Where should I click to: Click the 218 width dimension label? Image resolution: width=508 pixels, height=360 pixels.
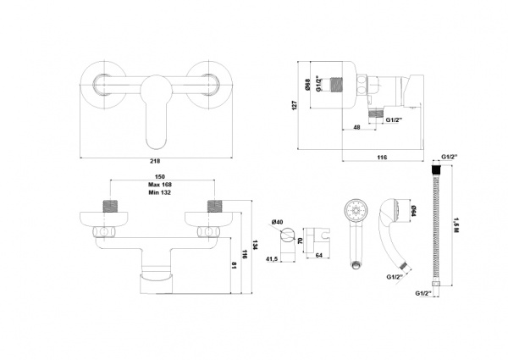tap(156, 161)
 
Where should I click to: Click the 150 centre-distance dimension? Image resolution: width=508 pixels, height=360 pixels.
tap(160, 176)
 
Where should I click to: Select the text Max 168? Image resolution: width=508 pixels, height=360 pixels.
tap(160, 185)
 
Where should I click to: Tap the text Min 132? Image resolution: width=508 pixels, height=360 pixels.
tap(160, 192)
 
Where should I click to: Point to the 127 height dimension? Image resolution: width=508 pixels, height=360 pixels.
tap(294, 105)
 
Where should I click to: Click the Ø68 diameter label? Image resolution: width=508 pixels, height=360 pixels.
tap(308, 85)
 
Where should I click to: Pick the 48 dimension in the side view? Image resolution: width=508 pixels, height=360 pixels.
tap(356, 127)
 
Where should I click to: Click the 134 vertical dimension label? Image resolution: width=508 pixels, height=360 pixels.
tap(255, 245)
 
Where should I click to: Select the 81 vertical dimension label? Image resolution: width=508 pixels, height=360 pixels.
tap(235, 265)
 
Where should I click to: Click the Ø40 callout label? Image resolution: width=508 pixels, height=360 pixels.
tap(278, 222)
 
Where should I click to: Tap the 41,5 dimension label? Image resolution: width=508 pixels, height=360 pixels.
tap(272, 259)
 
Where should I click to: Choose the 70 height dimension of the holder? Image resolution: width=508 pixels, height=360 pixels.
tap(300, 241)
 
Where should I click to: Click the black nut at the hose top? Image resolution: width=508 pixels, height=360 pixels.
tap(435, 169)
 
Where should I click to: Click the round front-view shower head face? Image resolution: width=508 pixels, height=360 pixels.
tap(356, 211)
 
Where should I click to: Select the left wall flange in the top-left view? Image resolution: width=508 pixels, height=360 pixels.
tap(103, 86)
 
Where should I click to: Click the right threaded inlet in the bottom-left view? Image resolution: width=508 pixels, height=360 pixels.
tap(213, 206)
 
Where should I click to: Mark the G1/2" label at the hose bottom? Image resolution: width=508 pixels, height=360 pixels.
tap(424, 293)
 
